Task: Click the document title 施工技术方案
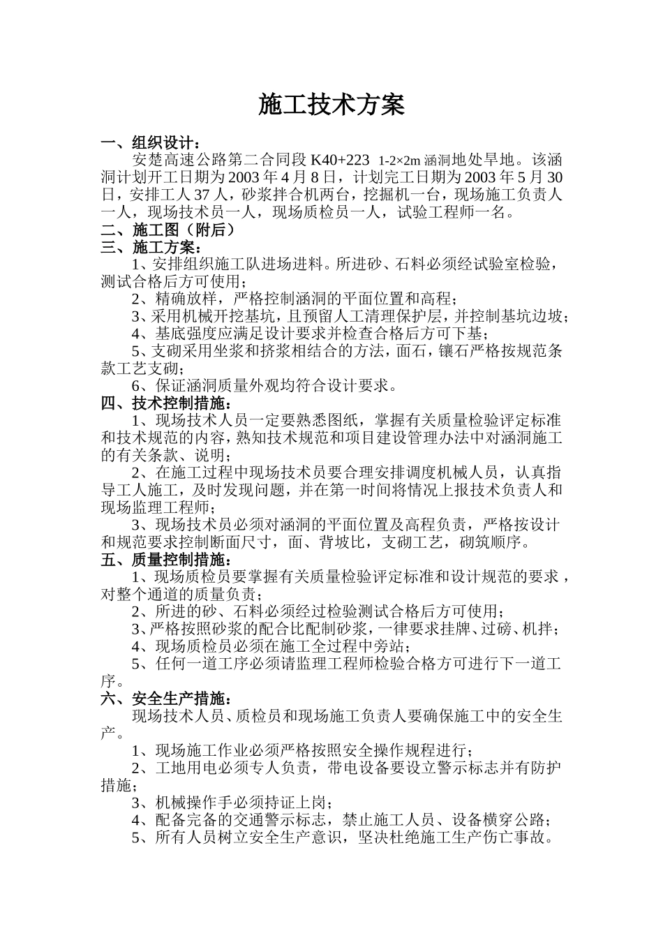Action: pos(331,105)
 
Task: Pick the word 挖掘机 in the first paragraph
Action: pos(391,195)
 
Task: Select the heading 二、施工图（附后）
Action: pos(167,230)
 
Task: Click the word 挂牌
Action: pos(453,628)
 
